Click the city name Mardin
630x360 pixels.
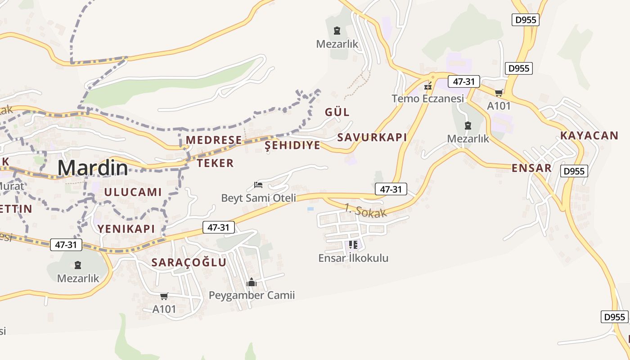pos(93,168)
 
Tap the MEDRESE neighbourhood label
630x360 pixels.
pos(214,140)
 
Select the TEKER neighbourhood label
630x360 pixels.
pos(215,163)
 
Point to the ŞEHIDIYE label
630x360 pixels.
pos(292,145)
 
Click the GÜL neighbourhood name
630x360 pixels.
pos(337,112)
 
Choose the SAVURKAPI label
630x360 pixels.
pos(372,137)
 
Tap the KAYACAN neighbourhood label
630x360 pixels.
pos(589,135)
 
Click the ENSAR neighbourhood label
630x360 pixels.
pos(531,168)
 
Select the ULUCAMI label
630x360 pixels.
pos(133,192)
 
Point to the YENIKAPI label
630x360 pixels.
pos(126,229)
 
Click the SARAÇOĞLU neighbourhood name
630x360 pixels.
pos(189,262)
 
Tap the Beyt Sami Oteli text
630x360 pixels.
pos(259,198)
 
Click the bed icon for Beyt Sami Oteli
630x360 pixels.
pos(258,184)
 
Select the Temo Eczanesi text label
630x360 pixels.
pos(427,99)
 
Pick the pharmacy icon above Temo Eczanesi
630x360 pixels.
pos(428,85)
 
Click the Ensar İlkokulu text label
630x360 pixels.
pos(353,258)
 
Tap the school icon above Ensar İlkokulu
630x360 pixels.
pos(353,245)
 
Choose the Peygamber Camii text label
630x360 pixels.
pos(252,295)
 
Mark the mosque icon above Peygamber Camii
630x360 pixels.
pos(252,282)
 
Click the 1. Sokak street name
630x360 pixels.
pos(366,210)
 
